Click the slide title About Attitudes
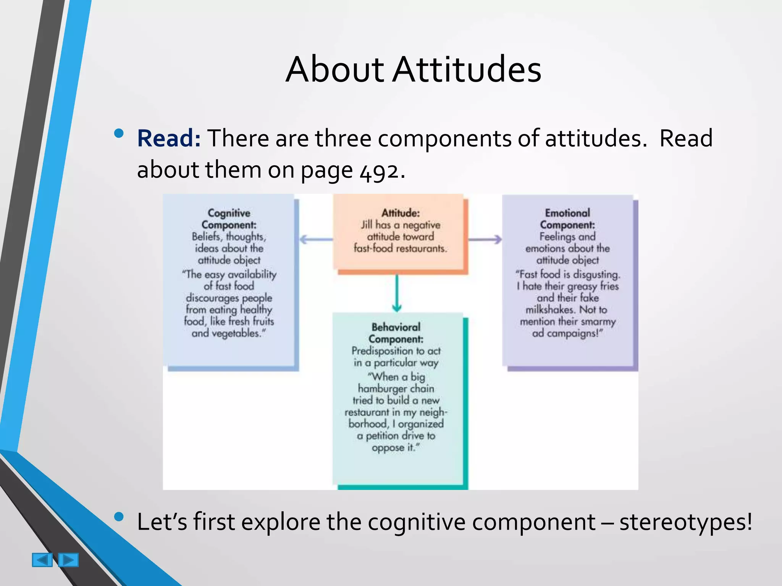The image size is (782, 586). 413,69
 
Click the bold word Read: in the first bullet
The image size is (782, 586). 169,138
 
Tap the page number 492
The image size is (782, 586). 380,171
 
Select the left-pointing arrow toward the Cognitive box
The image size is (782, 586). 316,240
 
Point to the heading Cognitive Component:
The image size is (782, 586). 229,219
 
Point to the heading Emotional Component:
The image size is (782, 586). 567,219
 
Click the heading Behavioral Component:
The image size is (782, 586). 396,333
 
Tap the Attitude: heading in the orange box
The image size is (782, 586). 401,213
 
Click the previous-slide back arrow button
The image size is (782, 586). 42,560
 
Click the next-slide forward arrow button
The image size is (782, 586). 69,560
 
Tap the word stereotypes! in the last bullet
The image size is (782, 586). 685,522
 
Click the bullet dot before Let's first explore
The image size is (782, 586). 119,517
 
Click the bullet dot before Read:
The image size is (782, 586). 119,133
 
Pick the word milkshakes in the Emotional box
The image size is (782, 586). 550,309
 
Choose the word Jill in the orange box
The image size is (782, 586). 367,225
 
